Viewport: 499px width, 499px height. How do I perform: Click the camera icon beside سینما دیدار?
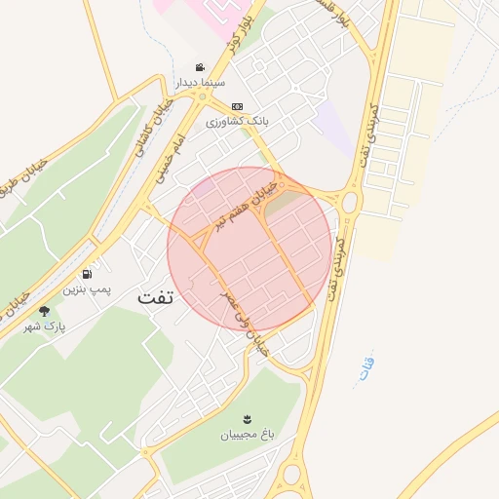(x=200, y=68)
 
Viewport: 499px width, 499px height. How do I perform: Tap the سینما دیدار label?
(x=200, y=84)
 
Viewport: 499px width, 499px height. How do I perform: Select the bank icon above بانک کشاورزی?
(x=236, y=106)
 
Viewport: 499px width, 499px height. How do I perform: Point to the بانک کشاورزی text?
(x=236, y=122)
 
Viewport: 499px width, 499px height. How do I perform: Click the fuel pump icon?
(x=89, y=275)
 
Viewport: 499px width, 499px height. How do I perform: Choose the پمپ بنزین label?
(x=89, y=289)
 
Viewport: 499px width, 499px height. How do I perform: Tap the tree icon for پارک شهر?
(x=44, y=311)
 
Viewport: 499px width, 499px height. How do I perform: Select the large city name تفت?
(x=155, y=297)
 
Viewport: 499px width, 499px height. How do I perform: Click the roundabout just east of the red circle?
(x=351, y=202)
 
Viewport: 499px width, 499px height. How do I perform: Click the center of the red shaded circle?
(x=249, y=249)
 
